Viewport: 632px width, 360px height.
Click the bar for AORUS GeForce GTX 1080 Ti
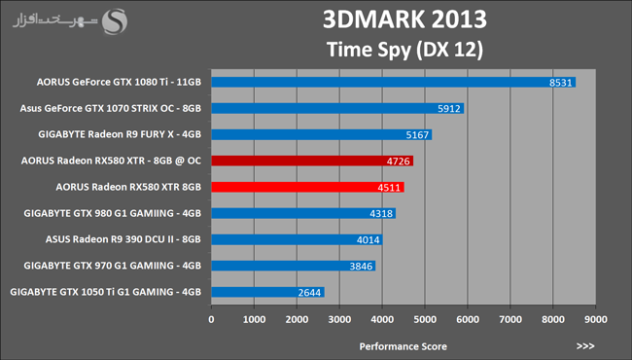[x=394, y=83]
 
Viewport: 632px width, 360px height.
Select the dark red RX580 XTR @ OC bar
[x=312, y=161]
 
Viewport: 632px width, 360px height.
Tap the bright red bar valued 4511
[x=308, y=187]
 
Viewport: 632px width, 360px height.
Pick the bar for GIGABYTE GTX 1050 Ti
[x=268, y=292]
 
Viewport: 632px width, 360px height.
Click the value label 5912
[x=449, y=109]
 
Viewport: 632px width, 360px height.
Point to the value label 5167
[x=417, y=135]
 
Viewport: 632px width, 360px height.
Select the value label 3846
[x=361, y=266]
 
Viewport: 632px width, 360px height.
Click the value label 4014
[x=368, y=240]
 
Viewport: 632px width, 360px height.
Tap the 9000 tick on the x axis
[x=596, y=320]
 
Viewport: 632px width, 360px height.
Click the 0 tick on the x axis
[x=212, y=320]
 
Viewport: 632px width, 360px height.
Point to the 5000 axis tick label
[x=425, y=320]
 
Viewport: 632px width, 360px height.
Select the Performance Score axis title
[x=404, y=346]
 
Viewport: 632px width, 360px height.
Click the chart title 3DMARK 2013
[x=404, y=19]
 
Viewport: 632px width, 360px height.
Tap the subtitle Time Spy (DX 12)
[x=404, y=50]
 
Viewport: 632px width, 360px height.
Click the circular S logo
[x=115, y=21]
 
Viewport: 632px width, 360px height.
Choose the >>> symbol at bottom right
[x=585, y=346]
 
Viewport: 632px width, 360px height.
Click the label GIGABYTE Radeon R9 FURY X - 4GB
[x=120, y=134]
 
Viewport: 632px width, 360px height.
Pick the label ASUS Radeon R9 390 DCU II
[x=109, y=239]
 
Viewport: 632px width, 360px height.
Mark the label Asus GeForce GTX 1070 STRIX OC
[x=97, y=108]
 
